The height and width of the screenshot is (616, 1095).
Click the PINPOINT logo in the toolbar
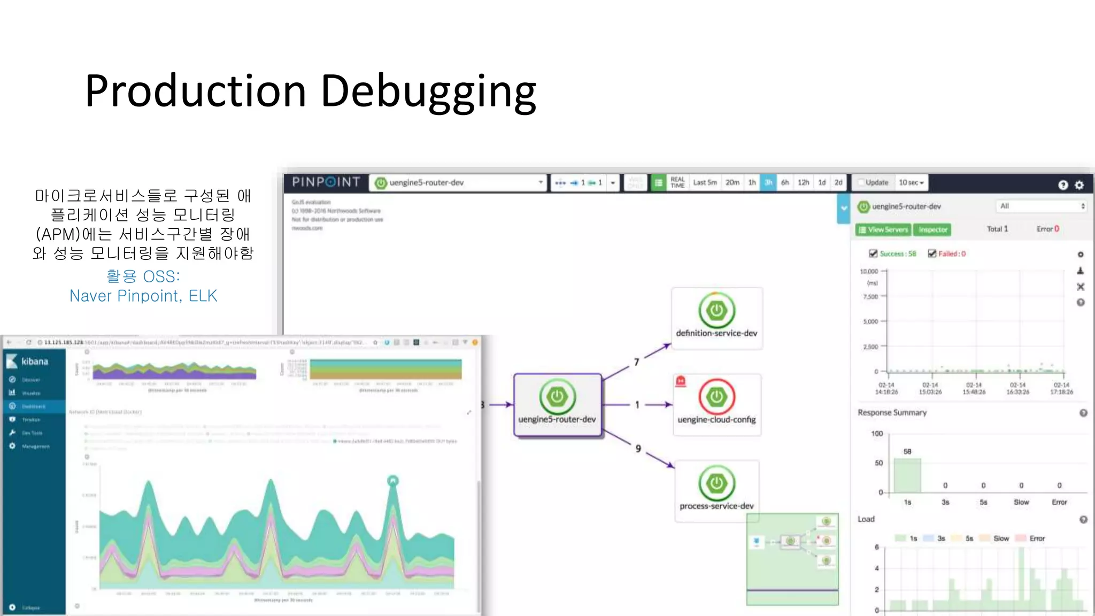(326, 182)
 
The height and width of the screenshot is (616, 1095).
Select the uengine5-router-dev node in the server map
(557, 405)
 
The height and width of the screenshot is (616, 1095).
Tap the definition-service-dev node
(716, 318)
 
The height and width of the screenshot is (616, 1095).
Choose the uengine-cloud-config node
(716, 404)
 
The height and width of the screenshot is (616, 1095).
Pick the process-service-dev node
(716, 490)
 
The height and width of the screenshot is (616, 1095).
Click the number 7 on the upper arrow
(636, 363)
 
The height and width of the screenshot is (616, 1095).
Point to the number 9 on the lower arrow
(638, 449)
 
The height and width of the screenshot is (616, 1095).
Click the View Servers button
(883, 230)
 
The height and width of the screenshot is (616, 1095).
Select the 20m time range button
(732, 183)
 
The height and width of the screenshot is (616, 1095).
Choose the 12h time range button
(803, 183)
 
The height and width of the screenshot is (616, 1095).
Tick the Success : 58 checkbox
(873, 253)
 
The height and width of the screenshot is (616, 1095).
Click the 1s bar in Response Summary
(907, 475)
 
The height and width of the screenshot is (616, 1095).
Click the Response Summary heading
(892, 413)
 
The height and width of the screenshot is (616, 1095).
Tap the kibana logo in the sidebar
(28, 361)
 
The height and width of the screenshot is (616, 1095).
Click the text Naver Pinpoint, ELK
(143, 296)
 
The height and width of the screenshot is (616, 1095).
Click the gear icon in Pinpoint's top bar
(1079, 185)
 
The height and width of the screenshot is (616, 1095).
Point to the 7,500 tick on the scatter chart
(871, 296)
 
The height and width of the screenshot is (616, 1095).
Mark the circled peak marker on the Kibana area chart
(393, 481)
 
